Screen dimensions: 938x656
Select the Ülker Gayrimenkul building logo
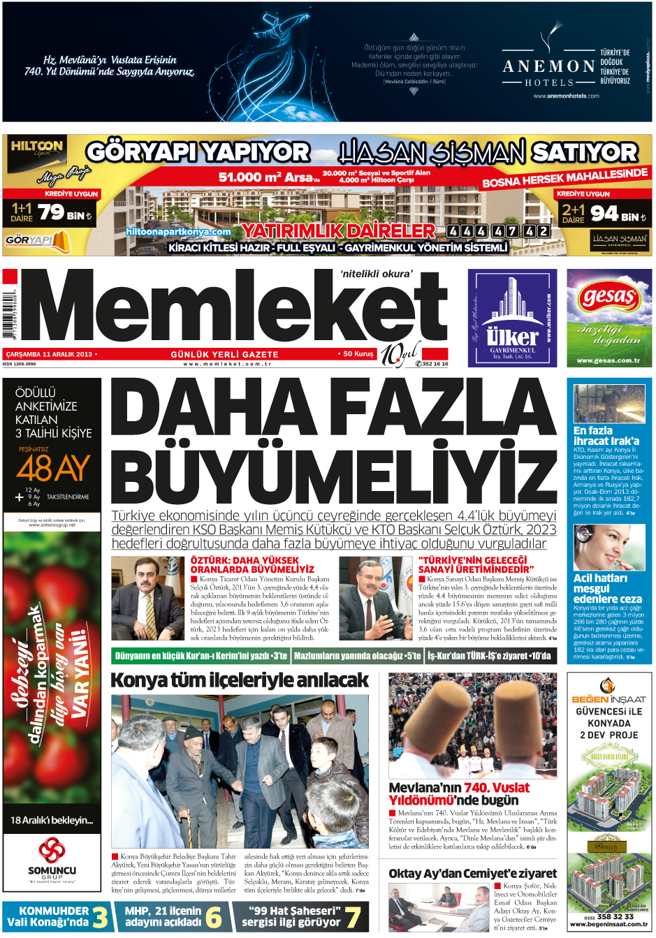pyautogui.click(x=512, y=317)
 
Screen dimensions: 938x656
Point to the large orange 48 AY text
pyautogui.click(x=53, y=468)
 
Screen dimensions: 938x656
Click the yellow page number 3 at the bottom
pyautogui.click(x=101, y=916)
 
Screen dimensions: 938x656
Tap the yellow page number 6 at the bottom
pyautogui.click(x=214, y=916)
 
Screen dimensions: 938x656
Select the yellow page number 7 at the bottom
pyautogui.click(x=353, y=916)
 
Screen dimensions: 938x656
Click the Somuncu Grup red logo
pyautogui.click(x=52, y=851)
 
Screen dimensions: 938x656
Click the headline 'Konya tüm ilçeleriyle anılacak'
pyautogui.click(x=239, y=680)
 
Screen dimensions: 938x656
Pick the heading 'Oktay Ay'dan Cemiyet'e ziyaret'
pyautogui.click(x=472, y=873)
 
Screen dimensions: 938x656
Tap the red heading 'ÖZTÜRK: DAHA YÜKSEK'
pyautogui.click(x=245, y=560)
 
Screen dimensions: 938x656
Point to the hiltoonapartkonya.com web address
pyautogui.click(x=179, y=231)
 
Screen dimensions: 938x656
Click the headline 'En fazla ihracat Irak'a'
pyautogui.click(x=606, y=436)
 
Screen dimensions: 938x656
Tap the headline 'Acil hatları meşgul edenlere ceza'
pyautogui.click(x=606, y=588)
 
